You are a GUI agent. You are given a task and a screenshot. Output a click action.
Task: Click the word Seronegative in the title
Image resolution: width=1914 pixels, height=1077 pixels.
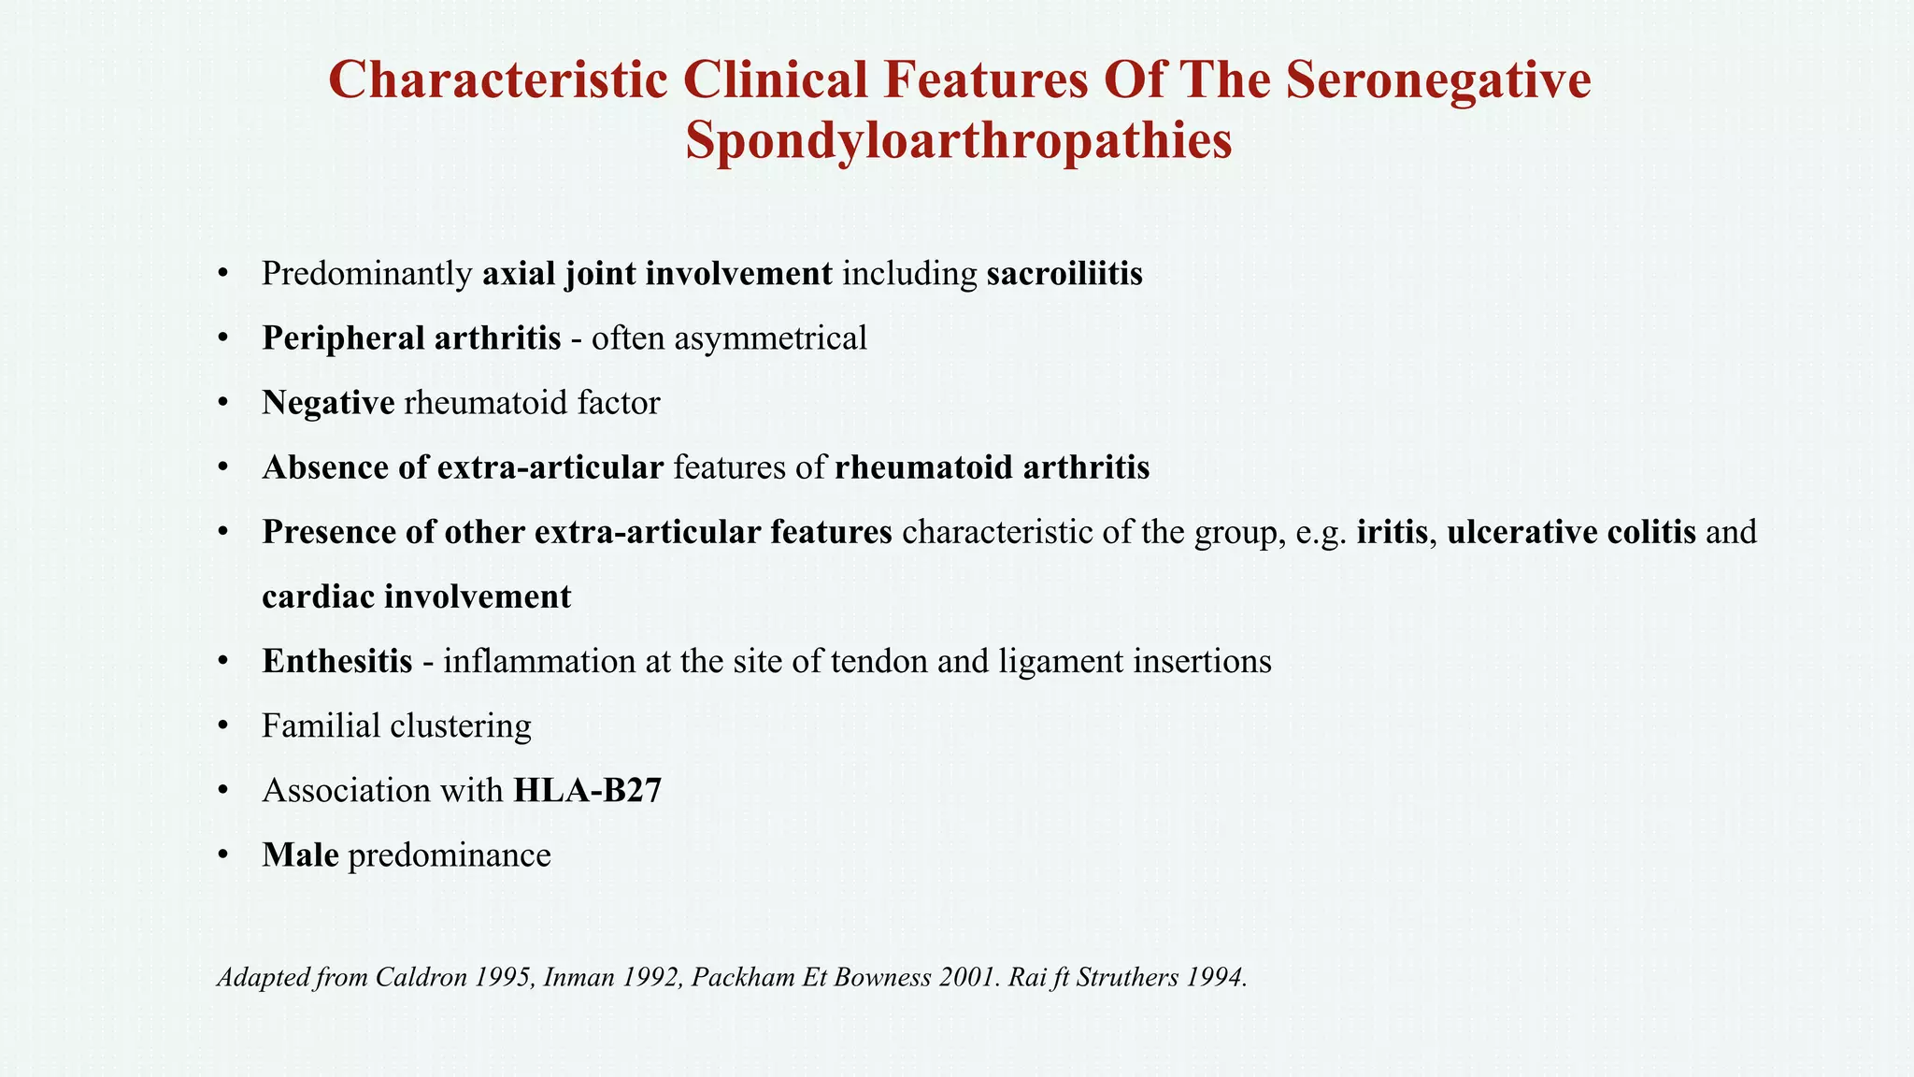[1438, 80]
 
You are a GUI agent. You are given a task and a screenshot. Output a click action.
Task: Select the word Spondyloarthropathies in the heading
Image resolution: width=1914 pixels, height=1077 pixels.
[959, 142]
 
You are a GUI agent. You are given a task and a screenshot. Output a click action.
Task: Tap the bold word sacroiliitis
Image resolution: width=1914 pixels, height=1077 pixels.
[1064, 274]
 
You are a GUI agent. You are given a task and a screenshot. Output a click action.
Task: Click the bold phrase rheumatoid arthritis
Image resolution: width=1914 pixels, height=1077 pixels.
[992, 467]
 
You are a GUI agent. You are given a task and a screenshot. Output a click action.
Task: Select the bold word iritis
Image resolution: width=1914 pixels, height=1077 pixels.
[1392, 532]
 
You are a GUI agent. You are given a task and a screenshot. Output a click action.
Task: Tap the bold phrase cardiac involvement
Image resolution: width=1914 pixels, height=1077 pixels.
[416, 596]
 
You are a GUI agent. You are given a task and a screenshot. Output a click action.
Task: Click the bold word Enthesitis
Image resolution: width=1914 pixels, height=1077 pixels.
[336, 661]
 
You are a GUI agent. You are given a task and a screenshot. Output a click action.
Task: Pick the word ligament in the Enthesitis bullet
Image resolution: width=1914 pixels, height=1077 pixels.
[1061, 662]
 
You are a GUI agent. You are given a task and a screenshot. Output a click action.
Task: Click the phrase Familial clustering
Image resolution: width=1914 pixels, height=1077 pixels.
[396, 725]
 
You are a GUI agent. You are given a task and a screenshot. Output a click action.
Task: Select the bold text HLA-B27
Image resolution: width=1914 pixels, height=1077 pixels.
[587, 791]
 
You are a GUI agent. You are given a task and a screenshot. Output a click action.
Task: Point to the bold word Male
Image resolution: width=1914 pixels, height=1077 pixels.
[300, 855]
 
